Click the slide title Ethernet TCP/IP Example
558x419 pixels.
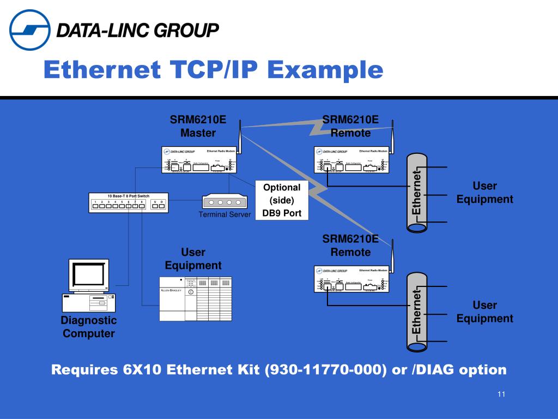click(213, 70)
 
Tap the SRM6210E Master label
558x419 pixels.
click(198, 126)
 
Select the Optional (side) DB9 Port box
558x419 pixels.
click(282, 200)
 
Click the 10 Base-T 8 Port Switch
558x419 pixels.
click(128, 202)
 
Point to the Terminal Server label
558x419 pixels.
click(225, 214)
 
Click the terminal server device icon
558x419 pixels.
click(225, 201)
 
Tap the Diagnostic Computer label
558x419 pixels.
click(88, 327)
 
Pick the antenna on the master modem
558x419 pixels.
click(240, 136)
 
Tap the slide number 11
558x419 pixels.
click(501, 394)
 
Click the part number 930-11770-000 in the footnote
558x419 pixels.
click(325, 370)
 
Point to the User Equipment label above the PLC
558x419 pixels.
click(193, 259)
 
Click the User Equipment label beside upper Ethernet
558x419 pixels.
click(484, 193)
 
